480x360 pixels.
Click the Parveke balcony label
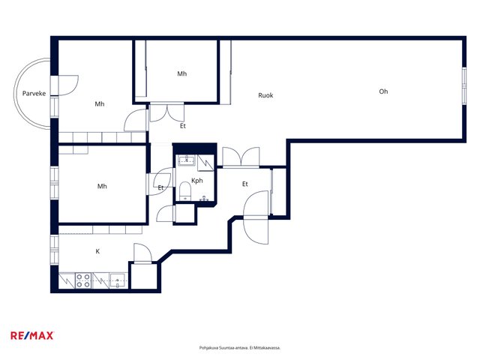tap(34, 93)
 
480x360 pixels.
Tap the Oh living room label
tap(383, 91)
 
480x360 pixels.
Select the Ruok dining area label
tap(265, 95)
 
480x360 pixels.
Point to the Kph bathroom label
tap(196, 181)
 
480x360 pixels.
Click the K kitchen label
tap(97, 251)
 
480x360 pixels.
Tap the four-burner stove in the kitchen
tap(83, 280)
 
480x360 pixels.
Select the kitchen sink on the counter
tap(118, 280)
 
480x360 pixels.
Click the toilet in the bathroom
tap(185, 191)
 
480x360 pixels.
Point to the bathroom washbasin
tap(187, 160)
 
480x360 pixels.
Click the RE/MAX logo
tap(32, 335)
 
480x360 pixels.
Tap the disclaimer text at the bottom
tap(240, 348)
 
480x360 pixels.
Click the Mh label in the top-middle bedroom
tap(181, 73)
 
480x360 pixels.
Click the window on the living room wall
tap(464, 85)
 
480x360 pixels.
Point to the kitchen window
tap(54, 250)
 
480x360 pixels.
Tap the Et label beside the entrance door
tap(245, 184)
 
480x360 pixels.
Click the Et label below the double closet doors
tap(183, 126)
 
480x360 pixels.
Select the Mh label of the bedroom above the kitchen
tap(102, 186)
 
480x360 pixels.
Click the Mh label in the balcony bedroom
tap(100, 104)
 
